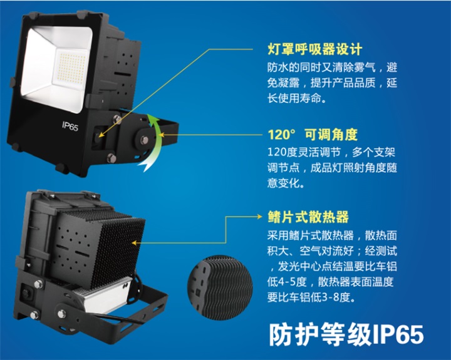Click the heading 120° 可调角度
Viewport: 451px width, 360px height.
(312, 134)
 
